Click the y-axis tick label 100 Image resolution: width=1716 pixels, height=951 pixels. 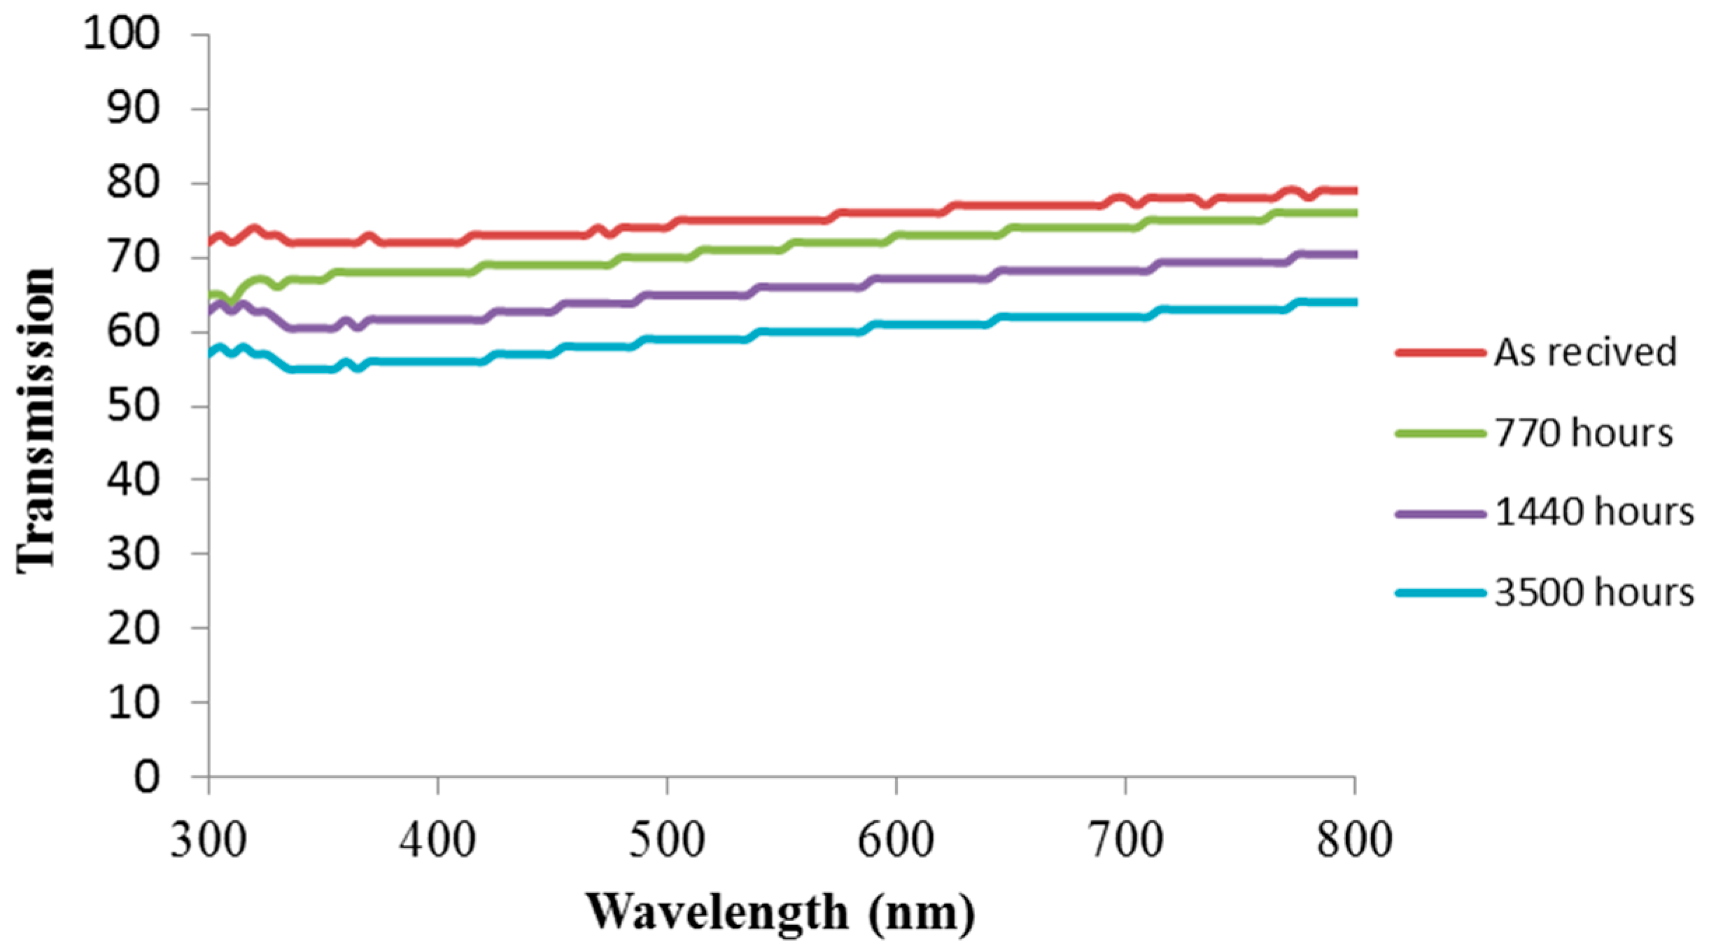coord(121,33)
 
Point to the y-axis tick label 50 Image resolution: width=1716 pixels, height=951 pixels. coord(132,405)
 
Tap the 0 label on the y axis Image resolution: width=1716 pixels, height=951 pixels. coord(146,777)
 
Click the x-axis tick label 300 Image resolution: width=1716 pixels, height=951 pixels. coord(208,839)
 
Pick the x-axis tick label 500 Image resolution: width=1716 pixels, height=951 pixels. coord(666,839)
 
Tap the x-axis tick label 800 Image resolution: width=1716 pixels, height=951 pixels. coord(1354,839)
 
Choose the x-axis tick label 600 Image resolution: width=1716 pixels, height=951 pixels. coord(896,839)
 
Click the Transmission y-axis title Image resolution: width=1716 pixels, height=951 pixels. coord(35,420)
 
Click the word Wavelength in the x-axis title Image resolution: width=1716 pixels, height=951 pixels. coord(716,912)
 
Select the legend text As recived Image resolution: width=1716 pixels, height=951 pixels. coord(1585,352)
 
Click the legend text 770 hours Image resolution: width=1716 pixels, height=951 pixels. coord(1583,432)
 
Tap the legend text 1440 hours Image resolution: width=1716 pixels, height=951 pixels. coord(1594,512)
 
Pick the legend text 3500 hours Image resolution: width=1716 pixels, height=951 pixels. coord(1594,593)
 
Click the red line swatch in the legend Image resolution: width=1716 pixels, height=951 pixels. coord(1440,353)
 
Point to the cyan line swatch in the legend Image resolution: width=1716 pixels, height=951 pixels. coord(1440,593)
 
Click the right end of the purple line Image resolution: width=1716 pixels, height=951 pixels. coord(1355,255)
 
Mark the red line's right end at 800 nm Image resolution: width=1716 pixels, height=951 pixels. coord(1355,190)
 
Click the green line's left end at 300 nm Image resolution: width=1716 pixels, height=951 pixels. coord(210,295)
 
